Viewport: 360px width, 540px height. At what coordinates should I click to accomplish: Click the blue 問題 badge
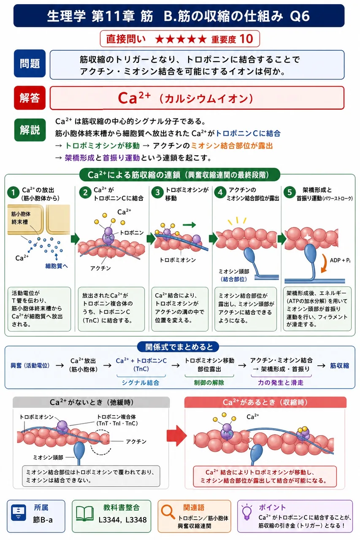(x=30, y=64)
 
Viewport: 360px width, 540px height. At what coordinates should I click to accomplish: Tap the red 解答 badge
(x=30, y=98)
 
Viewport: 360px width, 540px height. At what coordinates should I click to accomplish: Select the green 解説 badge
(x=30, y=130)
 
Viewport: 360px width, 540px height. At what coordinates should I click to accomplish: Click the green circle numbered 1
(x=13, y=193)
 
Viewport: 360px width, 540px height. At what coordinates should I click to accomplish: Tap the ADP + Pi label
(x=340, y=260)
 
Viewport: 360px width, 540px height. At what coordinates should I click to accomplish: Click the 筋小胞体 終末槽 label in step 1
(x=21, y=218)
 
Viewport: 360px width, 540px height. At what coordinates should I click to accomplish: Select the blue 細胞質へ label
(x=57, y=266)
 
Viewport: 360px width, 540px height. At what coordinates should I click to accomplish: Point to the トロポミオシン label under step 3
(x=178, y=260)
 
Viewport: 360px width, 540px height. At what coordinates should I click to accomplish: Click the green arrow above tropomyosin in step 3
(x=189, y=225)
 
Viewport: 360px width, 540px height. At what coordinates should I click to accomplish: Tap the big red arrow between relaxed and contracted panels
(x=177, y=435)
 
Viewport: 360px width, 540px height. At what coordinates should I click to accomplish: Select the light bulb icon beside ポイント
(x=247, y=512)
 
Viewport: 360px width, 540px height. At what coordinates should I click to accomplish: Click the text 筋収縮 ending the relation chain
(x=339, y=366)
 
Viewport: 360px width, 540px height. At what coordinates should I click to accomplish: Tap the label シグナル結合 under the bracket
(x=141, y=383)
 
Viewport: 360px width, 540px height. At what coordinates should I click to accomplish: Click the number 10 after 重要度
(x=246, y=38)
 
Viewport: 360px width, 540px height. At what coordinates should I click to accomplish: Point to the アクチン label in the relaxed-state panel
(x=136, y=441)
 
